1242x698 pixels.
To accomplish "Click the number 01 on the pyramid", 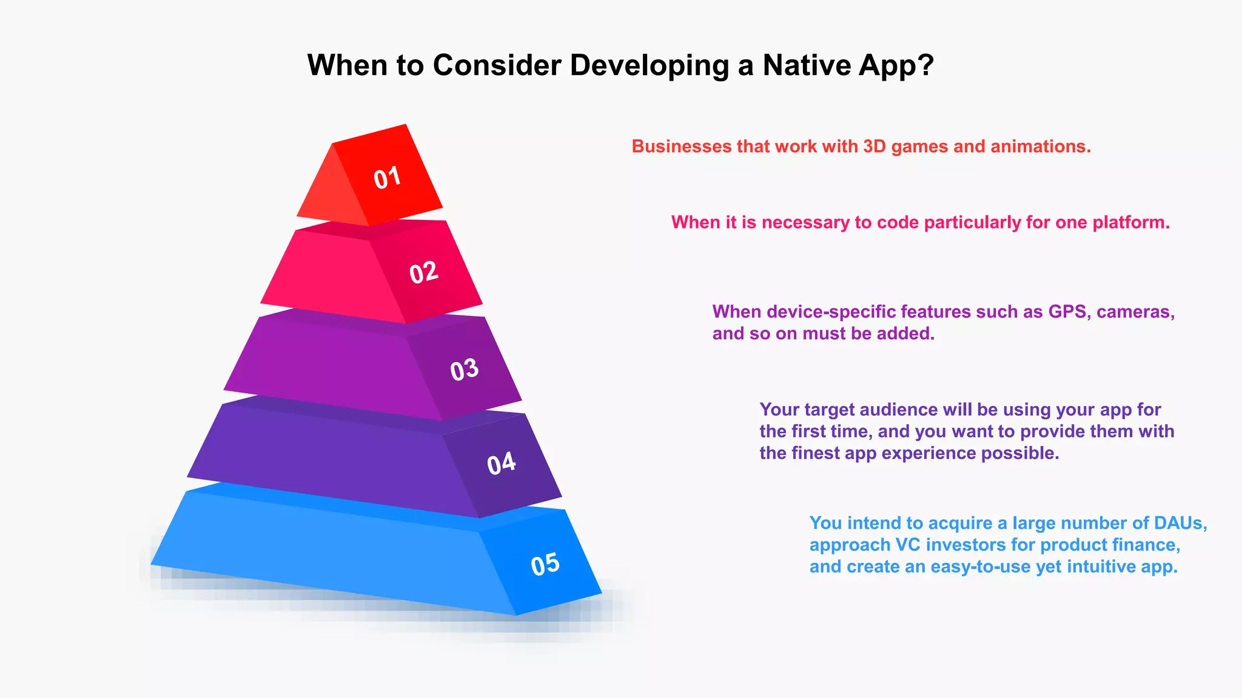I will click(x=387, y=178).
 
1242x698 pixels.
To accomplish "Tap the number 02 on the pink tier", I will click(x=423, y=273).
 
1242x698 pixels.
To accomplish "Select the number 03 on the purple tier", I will click(x=465, y=370).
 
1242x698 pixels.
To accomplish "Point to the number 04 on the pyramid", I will click(x=502, y=464).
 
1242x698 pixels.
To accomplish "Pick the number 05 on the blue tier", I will click(x=545, y=564).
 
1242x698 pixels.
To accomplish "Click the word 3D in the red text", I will click(x=874, y=147).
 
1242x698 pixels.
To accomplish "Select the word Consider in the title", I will click(x=497, y=65).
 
